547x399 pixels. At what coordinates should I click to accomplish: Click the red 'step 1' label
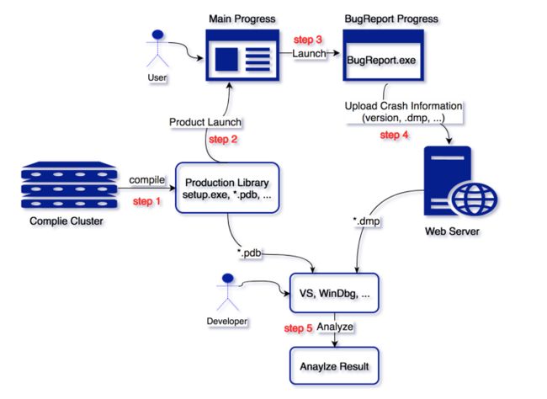(147, 201)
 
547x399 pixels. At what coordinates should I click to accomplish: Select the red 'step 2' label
(223, 139)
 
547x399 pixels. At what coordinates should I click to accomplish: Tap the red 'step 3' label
(308, 40)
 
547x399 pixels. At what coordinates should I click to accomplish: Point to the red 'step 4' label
(394, 135)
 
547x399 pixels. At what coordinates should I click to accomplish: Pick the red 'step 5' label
(298, 328)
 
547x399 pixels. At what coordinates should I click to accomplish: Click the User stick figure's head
(158, 35)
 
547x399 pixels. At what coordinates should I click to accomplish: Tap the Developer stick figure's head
(228, 278)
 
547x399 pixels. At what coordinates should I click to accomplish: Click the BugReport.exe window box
(384, 56)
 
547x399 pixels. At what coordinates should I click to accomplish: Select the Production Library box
(227, 188)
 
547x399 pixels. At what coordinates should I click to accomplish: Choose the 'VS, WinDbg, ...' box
(334, 293)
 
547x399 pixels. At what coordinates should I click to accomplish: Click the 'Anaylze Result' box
(334, 366)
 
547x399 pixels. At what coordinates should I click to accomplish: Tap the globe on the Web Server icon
(475, 199)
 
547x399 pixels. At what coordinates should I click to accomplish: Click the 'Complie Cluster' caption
(66, 221)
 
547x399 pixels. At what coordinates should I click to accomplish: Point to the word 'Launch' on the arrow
(309, 53)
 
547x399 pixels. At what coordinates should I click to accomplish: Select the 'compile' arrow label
(147, 180)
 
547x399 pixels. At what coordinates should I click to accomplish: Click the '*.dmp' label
(366, 221)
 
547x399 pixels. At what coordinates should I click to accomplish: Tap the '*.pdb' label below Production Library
(249, 253)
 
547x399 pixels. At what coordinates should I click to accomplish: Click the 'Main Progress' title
(242, 19)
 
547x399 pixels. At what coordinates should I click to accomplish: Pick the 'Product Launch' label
(205, 122)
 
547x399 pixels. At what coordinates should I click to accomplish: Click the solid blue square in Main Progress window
(226, 59)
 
